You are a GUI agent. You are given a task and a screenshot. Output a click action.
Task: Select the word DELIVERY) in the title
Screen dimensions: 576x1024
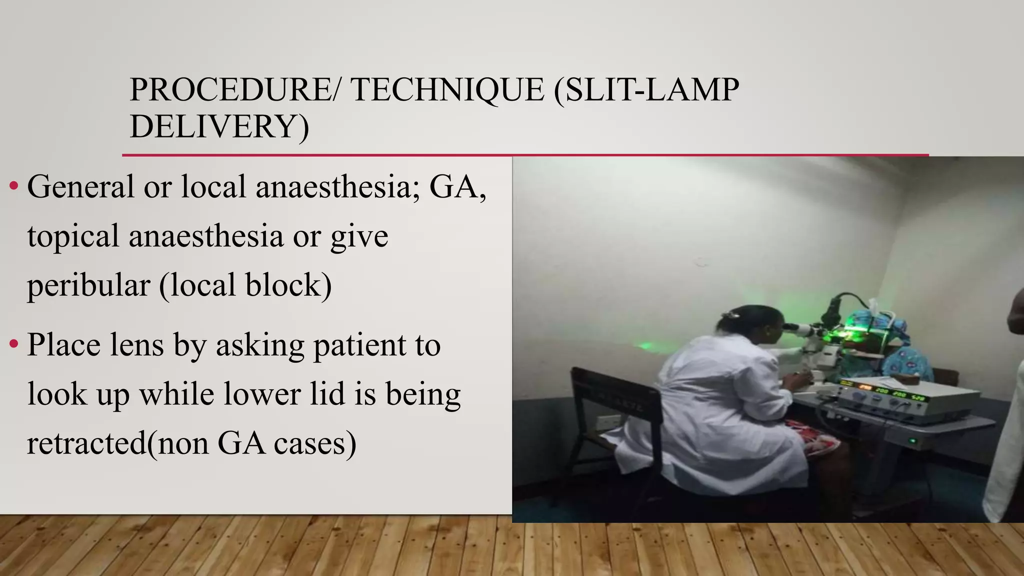click(x=219, y=126)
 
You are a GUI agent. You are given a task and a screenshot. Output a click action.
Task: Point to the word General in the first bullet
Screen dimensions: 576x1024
click(x=80, y=186)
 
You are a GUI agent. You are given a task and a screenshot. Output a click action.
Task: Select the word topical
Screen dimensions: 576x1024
click(x=72, y=236)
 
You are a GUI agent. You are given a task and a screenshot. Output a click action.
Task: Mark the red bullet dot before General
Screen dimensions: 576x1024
click(x=14, y=186)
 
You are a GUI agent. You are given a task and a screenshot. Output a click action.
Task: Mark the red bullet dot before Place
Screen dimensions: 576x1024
click(x=14, y=344)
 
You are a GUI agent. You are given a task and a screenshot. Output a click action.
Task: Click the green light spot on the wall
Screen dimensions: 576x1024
click(x=645, y=345)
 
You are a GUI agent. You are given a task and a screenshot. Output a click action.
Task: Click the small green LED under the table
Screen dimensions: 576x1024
click(x=912, y=440)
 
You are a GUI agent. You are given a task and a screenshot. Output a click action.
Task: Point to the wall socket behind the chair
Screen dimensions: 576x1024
click(x=610, y=422)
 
